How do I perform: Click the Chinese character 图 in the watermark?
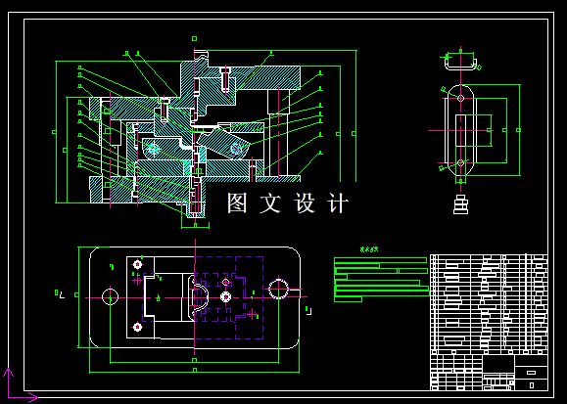[x=237, y=203]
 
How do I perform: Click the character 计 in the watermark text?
[x=337, y=203]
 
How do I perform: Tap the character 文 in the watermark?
[x=270, y=203]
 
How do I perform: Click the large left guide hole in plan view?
[x=110, y=295]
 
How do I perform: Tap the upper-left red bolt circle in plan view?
[x=138, y=265]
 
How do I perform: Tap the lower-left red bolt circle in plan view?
[x=138, y=327]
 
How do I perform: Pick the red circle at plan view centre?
[x=225, y=295]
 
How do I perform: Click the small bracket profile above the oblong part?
[x=459, y=64]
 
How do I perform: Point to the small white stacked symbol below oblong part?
[x=460, y=204]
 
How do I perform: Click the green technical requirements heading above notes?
[x=368, y=249]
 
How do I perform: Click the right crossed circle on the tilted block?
[x=235, y=148]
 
